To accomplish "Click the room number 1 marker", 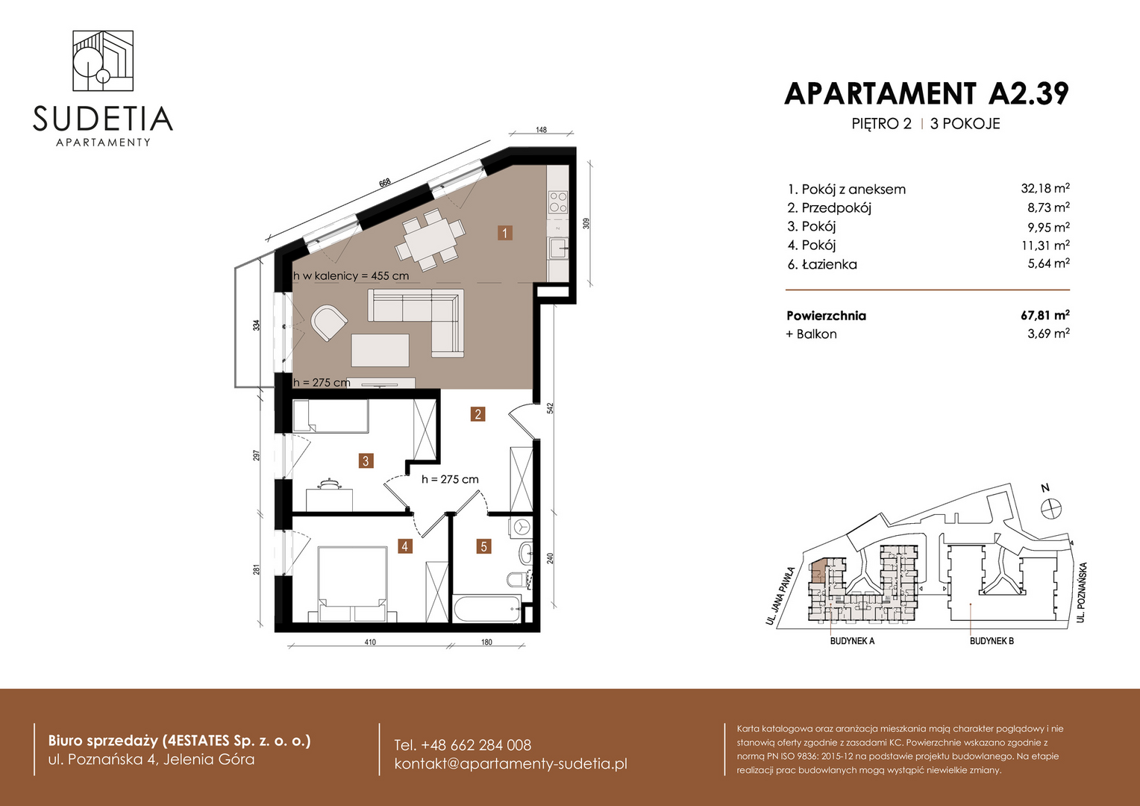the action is [x=504, y=233].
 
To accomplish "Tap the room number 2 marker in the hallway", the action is [x=477, y=414].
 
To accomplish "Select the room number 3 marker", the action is [x=366, y=461].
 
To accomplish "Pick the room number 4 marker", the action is [x=404, y=546].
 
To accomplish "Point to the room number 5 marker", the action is [x=483, y=546].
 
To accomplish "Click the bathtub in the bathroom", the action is [x=486, y=607].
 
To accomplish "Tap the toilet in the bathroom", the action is [x=518, y=579].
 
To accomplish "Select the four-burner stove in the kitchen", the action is [x=558, y=201].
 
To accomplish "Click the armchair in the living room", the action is [x=329, y=322].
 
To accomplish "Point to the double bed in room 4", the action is [x=353, y=584].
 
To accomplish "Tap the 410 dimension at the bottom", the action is [x=370, y=642].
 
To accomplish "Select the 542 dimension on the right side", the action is [x=550, y=407].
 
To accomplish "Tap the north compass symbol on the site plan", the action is [x=1051, y=508].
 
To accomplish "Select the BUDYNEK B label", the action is [x=992, y=641].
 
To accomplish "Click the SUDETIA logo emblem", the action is [x=103, y=60].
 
